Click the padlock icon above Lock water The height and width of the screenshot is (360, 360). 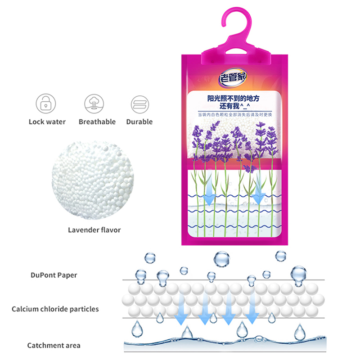coord(46,103)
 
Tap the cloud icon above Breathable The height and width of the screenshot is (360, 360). coord(94,103)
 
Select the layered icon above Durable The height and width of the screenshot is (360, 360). coord(140,104)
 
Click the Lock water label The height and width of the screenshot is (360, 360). coord(47,122)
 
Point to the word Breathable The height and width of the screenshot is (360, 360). coord(97,122)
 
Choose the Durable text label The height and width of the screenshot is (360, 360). coord(139,122)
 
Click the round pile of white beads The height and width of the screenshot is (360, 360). coord(94,180)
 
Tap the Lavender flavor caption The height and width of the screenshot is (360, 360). coord(94,230)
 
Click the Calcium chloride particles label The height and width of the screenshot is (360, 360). coord(55,309)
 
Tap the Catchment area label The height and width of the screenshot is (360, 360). coord(54,345)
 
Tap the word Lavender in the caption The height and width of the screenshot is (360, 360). coord(83,230)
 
